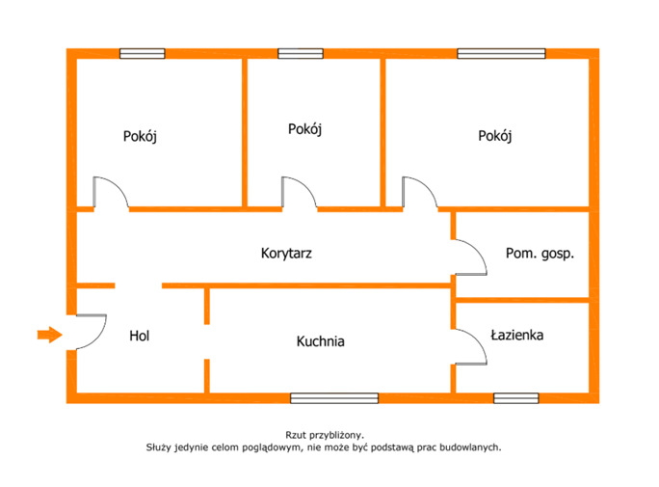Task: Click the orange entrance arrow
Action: pyautogui.click(x=50, y=335)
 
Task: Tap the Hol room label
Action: pyautogui.click(x=140, y=336)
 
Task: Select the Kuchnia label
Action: pyautogui.click(x=320, y=341)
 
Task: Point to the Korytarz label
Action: pyautogui.click(x=286, y=254)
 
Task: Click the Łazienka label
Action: pyautogui.click(x=517, y=335)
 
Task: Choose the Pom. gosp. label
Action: pyautogui.click(x=540, y=254)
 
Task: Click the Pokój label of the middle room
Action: pyautogui.click(x=304, y=129)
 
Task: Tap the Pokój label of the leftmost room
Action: pyautogui.click(x=140, y=136)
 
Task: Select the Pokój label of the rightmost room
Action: pyautogui.click(x=495, y=136)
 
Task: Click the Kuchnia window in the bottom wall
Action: pyautogui.click(x=334, y=398)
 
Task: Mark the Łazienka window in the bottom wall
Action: pyautogui.click(x=516, y=398)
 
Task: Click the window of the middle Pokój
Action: pyautogui.click(x=301, y=53)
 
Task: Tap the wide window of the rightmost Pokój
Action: pyautogui.click(x=501, y=53)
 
